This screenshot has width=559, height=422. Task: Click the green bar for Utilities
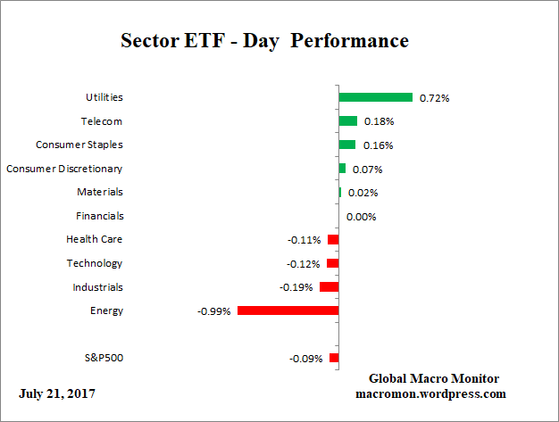375,97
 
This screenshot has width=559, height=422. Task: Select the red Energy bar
288,310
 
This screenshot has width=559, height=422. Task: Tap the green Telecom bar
347,121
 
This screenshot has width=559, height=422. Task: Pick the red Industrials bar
329,287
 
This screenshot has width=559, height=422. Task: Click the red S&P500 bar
334,358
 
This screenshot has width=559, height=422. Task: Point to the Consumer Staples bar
346,145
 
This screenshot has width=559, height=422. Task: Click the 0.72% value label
434,97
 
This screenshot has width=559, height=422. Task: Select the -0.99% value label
215,311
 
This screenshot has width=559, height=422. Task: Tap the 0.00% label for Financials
361,216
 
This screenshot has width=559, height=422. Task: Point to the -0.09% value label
306,359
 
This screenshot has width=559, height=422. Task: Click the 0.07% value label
365,169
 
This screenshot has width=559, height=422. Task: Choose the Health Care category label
95,239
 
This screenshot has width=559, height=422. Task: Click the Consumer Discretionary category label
64,168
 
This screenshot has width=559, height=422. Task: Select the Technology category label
95,263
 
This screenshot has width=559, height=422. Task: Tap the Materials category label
100,192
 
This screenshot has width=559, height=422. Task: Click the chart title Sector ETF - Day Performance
264,41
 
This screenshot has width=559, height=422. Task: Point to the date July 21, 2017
57,393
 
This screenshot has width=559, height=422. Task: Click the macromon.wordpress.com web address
431,393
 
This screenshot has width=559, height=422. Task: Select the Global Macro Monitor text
433,378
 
